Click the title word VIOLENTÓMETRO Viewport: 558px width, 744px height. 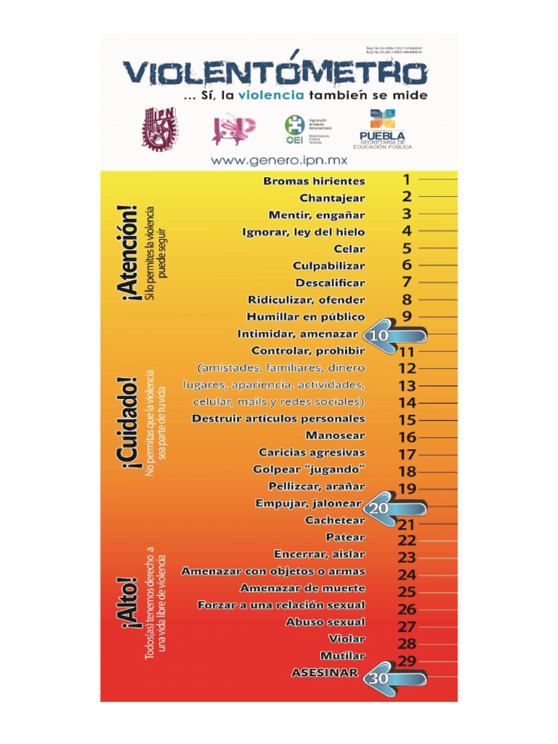point(275,73)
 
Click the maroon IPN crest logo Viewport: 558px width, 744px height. point(160,127)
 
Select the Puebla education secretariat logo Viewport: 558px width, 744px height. point(382,129)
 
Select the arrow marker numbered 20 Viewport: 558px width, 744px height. point(393,509)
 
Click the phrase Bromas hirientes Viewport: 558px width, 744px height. point(314,181)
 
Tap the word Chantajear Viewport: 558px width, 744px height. point(332,198)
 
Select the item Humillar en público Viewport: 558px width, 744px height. point(306,317)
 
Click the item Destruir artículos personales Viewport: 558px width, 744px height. point(278,419)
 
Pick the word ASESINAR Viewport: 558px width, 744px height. point(325,673)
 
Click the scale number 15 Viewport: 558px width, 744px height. point(407,420)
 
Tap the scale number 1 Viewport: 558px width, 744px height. point(407,179)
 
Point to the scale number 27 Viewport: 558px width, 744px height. point(407,626)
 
